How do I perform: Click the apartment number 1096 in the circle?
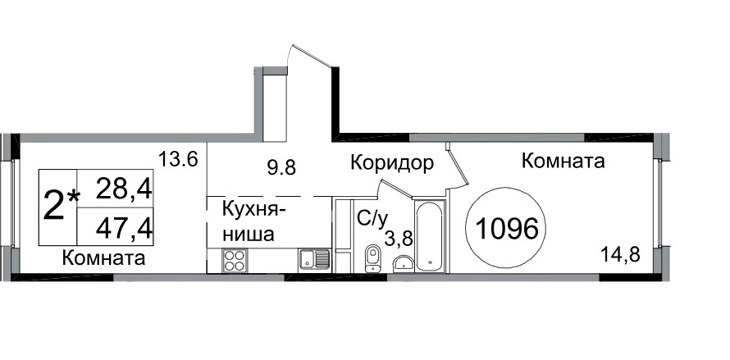tap(506, 229)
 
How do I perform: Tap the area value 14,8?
tap(621, 255)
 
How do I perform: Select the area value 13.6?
tap(178, 159)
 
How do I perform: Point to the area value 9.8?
tap(281, 166)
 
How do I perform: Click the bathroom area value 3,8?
tap(399, 238)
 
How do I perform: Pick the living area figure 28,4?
tap(125, 190)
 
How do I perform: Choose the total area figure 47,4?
tap(125, 229)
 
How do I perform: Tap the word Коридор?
tap(392, 162)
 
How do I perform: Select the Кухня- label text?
tap(253, 210)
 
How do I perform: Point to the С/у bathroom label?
tap(372, 218)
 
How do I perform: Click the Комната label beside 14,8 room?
tap(563, 161)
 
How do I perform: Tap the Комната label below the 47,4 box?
tap(103, 257)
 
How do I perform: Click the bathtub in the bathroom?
tap(429, 235)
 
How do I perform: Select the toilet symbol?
tap(373, 258)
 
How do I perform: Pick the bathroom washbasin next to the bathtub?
tap(404, 262)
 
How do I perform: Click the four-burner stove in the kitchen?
tap(234, 260)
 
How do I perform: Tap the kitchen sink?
tap(314, 259)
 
